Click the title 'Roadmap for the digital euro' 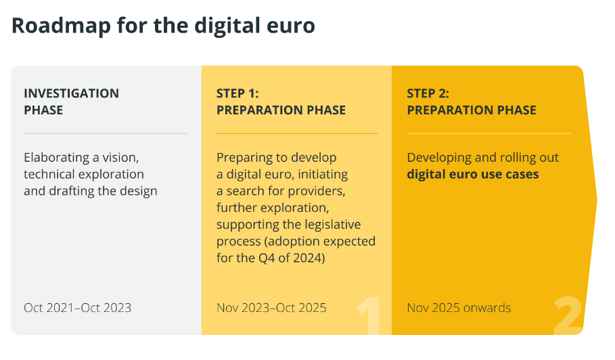point(163,26)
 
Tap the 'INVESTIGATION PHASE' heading point(72,102)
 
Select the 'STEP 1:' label point(237,93)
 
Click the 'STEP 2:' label point(428,93)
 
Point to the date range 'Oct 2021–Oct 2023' point(78,308)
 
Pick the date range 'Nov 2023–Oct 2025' point(271,308)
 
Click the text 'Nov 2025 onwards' point(459,308)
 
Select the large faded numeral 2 point(568,315)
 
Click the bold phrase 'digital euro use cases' point(473,174)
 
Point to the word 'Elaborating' point(56,158)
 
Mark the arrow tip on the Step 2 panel point(597,200)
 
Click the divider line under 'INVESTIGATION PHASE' point(106,133)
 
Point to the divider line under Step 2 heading point(489,133)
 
